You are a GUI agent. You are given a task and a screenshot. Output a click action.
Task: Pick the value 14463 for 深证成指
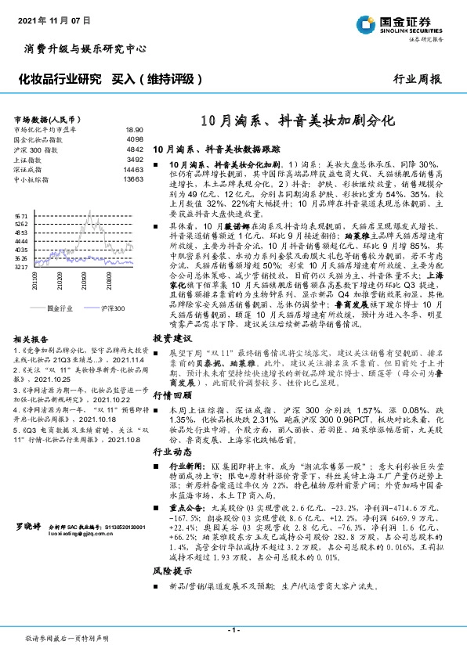click(133, 169)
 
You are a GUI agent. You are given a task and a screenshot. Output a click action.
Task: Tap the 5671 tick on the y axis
click(21, 214)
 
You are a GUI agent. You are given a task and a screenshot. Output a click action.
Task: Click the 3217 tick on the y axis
click(21, 267)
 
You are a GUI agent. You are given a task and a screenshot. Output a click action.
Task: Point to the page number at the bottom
click(233, 629)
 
